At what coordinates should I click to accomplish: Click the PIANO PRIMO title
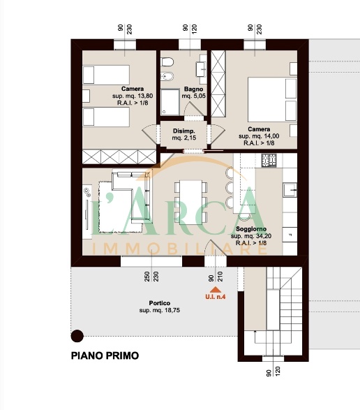tap(105, 356)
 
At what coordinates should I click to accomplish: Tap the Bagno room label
tap(193, 89)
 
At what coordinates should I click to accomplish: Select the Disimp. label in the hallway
tap(184, 131)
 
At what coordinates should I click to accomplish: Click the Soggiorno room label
tap(251, 229)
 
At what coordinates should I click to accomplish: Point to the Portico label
tap(159, 303)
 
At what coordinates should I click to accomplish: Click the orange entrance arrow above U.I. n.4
tap(216, 289)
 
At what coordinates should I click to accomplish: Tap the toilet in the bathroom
tap(167, 62)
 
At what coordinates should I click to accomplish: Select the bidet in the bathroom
tap(167, 77)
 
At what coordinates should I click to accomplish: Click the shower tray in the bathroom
tap(170, 102)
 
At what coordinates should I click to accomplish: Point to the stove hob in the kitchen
tap(269, 160)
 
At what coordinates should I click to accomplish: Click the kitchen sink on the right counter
tap(290, 189)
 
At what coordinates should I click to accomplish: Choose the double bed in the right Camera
tap(272, 100)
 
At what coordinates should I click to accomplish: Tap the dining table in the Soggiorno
tap(190, 202)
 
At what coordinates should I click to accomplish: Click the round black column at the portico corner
tap(77, 336)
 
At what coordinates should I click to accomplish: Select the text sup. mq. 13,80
tap(133, 96)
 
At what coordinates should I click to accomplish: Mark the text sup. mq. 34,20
tap(251, 236)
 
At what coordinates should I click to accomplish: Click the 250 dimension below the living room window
tap(147, 277)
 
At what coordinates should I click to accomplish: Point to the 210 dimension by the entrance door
tap(220, 277)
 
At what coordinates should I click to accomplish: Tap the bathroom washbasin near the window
tap(202, 69)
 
